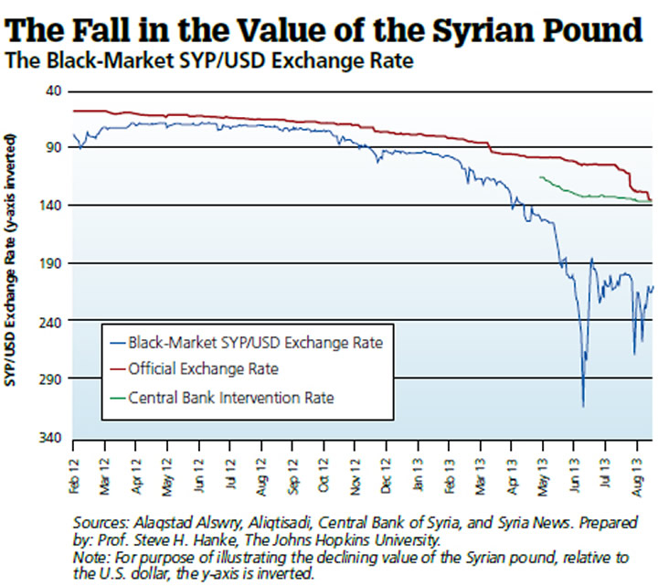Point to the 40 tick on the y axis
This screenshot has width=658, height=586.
(50, 91)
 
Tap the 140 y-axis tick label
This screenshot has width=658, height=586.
(48, 206)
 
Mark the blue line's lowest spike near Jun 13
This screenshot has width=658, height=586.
(582, 405)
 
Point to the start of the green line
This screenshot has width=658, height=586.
(541, 177)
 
